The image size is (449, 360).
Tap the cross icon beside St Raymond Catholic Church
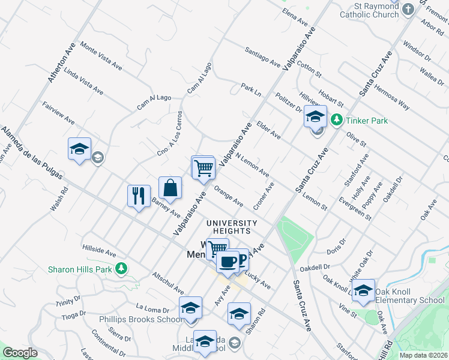(409, 9)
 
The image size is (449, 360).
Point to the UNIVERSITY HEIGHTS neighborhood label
(232, 223)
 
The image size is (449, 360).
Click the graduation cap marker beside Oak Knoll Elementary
(363, 291)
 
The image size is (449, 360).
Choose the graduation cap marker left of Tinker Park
(315, 116)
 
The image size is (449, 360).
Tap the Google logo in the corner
(20, 353)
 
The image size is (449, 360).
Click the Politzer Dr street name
(289, 103)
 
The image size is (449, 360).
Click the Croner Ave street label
(264, 196)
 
